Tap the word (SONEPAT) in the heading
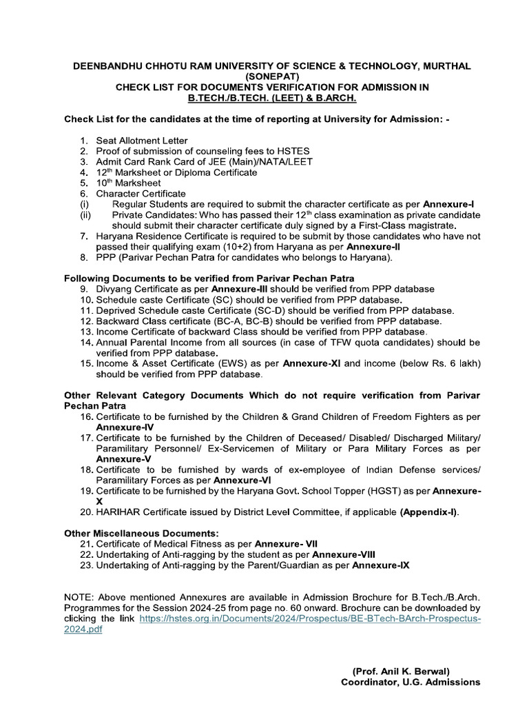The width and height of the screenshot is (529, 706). point(264,77)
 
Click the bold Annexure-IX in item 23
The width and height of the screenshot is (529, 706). point(381,565)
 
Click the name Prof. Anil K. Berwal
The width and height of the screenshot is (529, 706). point(401,671)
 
